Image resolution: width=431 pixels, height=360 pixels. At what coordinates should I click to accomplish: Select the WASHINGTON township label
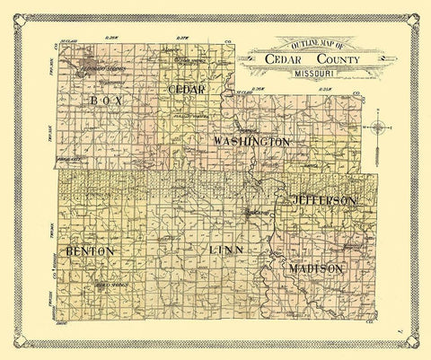point(252,142)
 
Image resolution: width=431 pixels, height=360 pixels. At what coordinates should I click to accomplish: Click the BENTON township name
point(88,251)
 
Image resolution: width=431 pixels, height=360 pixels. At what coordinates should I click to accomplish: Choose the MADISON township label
point(314,268)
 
